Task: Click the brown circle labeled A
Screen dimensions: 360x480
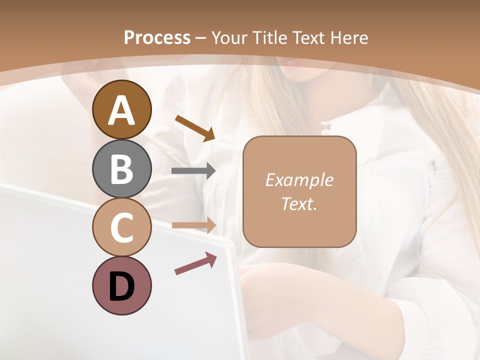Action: [x=121, y=109]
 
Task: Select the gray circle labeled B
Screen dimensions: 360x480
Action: [x=121, y=168]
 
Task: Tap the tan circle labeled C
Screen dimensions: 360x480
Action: [x=121, y=227]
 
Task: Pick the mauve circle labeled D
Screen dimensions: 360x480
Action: [x=121, y=285]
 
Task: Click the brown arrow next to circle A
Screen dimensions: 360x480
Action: [x=195, y=127]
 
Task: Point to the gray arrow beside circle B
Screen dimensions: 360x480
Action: [x=193, y=171]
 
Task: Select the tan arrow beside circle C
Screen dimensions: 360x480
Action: [x=193, y=225]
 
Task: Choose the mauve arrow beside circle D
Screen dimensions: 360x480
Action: [x=195, y=263]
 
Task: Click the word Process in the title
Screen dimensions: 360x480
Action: [x=157, y=38]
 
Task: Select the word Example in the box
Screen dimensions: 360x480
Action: [x=299, y=180]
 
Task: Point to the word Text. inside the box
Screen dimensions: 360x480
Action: [x=299, y=203]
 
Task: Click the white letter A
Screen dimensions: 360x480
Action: [x=121, y=110]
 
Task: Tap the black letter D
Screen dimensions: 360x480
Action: [x=121, y=286]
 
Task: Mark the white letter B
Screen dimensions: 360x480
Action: [x=121, y=169]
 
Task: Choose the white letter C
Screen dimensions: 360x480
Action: [x=121, y=228]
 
